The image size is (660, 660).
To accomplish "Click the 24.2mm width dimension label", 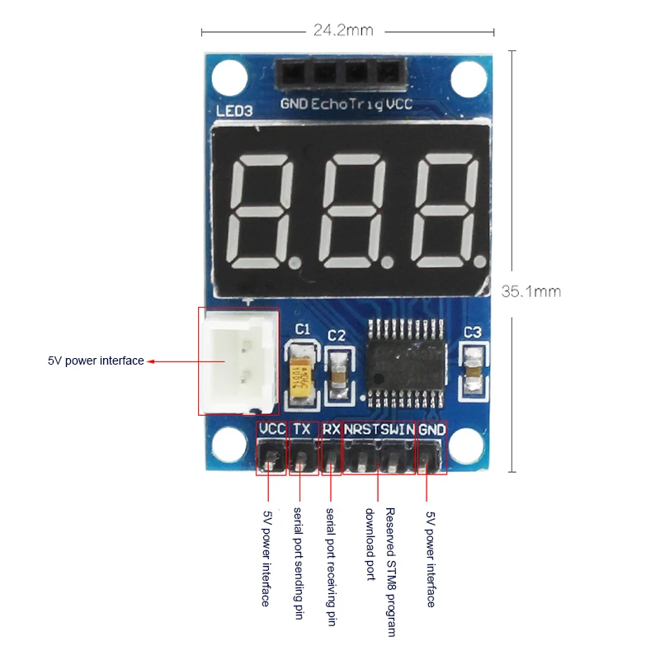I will tap(343, 31).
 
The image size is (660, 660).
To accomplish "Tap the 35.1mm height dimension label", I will tap(530, 290).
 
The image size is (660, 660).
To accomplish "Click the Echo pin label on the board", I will tap(328, 104).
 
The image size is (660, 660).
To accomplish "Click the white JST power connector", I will tap(238, 361).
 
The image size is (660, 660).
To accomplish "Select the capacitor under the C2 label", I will tap(337, 376).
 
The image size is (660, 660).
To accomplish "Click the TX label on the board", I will tap(303, 430).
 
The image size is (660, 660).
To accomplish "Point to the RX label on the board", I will tap(332, 430).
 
